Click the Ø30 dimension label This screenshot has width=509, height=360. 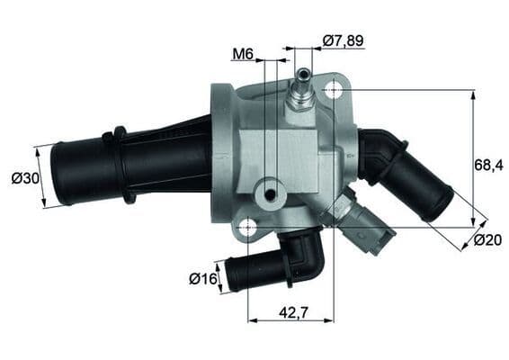25,178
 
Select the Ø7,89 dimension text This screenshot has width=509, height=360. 344,40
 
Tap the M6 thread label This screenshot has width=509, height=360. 242,55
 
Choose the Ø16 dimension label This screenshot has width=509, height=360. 203,279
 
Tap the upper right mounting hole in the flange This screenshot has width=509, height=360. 334,89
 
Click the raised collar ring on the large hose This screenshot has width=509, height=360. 121,164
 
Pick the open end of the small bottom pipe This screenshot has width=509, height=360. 231,274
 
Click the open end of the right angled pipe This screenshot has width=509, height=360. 440,205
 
